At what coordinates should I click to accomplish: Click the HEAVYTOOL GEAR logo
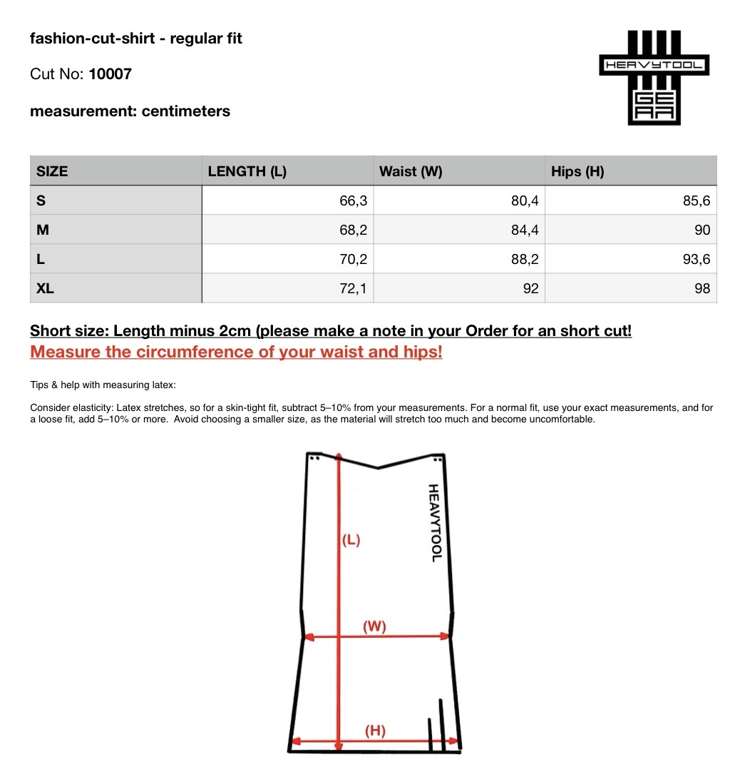654,77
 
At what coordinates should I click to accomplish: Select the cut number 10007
110,74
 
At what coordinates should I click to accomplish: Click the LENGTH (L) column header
247,171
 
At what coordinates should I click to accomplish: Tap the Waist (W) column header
411,171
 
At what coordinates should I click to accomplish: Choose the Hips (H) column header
577,171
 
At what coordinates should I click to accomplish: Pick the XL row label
46,289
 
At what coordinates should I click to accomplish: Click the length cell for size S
353,201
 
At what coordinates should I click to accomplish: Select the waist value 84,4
525,230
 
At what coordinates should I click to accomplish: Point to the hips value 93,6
697,260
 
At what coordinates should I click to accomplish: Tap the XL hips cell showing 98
702,289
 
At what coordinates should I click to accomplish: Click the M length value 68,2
353,230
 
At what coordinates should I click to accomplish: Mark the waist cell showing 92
530,289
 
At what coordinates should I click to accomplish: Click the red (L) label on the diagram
350,540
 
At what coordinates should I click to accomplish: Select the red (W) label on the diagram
374,626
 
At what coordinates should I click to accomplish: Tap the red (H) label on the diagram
375,730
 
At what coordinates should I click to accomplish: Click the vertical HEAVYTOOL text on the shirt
435,522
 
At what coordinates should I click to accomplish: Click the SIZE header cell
52,171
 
